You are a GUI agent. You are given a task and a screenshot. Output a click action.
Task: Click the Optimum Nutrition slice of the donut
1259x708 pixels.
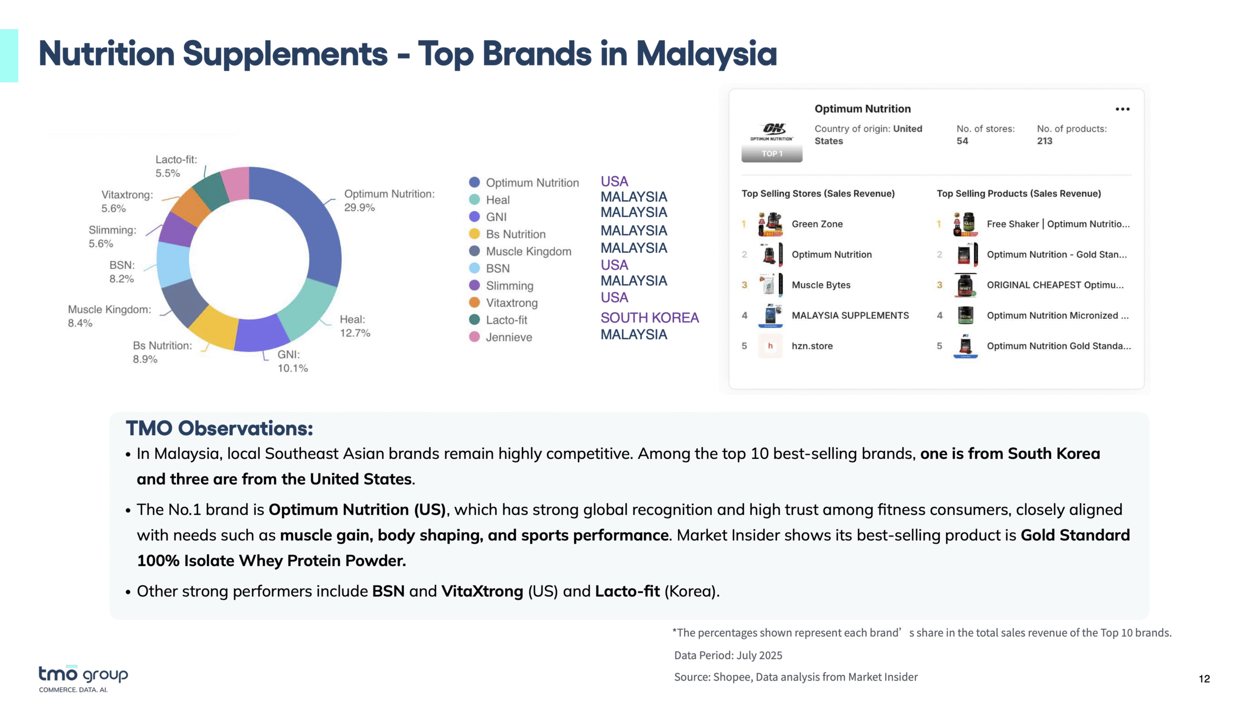pyautogui.click(x=315, y=221)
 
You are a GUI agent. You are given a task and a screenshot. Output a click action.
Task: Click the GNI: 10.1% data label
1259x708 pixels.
pyautogui.click(x=293, y=361)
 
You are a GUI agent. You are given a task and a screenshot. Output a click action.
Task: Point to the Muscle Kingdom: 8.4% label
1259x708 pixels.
pyautogui.click(x=109, y=316)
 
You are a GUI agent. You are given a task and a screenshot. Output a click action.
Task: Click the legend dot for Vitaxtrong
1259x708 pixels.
pyautogui.click(x=475, y=302)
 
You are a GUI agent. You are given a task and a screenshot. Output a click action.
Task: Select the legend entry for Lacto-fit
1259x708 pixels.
pyautogui.click(x=498, y=320)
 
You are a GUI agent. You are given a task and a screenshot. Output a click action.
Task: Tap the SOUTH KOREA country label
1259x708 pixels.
pyautogui.click(x=649, y=318)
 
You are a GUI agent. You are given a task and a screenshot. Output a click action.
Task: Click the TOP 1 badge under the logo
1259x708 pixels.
pyautogui.click(x=772, y=154)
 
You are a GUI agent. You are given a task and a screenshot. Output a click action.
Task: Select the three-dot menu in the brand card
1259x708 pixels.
pyautogui.click(x=1122, y=109)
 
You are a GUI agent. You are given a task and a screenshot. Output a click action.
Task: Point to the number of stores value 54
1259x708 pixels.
pyautogui.click(x=962, y=141)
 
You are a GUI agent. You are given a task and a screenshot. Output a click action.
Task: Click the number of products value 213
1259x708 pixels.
pyautogui.click(x=1045, y=141)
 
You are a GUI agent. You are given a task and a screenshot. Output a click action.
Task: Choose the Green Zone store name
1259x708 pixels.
pyautogui.click(x=817, y=224)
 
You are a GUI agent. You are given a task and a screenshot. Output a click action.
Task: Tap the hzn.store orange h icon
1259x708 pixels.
pyautogui.click(x=770, y=346)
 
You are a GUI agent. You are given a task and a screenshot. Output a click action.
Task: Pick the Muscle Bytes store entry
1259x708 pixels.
pyautogui.click(x=821, y=285)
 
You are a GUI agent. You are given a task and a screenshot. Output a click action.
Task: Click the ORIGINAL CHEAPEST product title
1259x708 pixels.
pyautogui.click(x=1055, y=285)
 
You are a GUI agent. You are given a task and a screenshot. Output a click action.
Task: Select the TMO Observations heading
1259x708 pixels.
pyautogui.click(x=219, y=428)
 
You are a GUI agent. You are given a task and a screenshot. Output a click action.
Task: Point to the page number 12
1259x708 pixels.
pyautogui.click(x=1204, y=679)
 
